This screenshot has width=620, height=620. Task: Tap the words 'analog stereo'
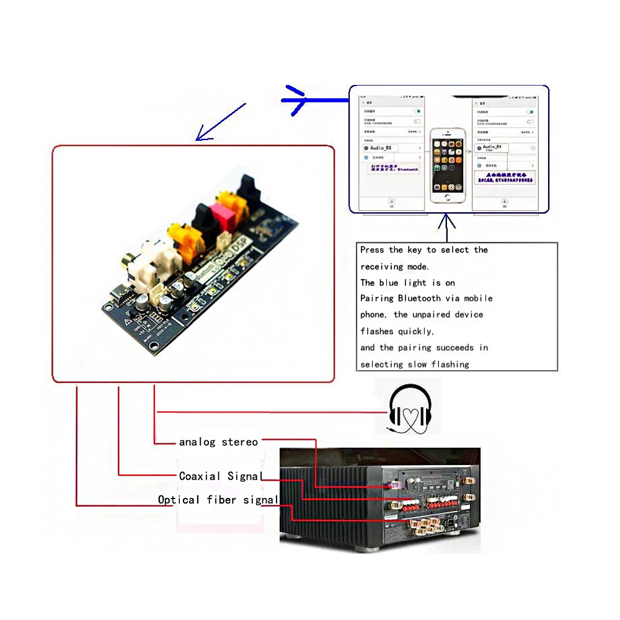[x=218, y=442]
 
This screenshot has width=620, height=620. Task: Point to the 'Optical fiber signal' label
[x=218, y=500]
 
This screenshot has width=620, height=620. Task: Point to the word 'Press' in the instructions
[x=372, y=250]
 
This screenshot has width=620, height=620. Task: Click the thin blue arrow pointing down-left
[x=220, y=122]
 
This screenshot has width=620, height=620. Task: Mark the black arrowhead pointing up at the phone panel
[x=446, y=219]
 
